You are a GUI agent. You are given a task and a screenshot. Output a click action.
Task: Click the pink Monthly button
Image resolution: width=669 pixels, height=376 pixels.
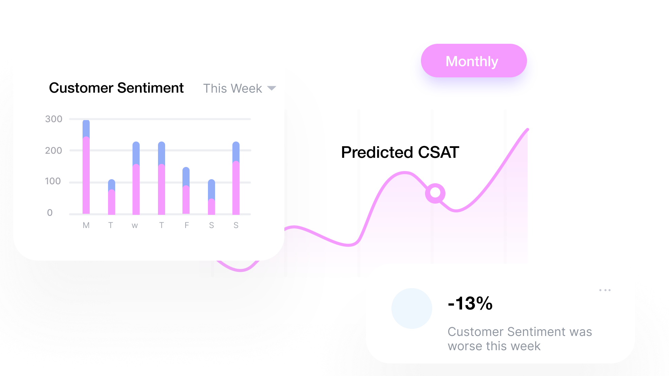(x=474, y=61)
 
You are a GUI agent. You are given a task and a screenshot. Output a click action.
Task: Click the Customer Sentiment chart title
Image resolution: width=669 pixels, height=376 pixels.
(x=116, y=88)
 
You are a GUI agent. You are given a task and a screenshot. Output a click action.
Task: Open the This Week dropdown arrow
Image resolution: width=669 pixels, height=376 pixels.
(x=272, y=88)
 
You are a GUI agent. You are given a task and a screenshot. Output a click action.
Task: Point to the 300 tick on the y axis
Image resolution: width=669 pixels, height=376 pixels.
(x=54, y=119)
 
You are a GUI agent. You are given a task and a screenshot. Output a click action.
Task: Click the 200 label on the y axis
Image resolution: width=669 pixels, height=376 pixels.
(x=54, y=150)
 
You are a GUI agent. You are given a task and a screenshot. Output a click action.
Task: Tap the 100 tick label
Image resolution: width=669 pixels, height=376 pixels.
(x=53, y=181)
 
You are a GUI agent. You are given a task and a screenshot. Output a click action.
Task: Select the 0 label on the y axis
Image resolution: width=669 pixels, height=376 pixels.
(x=50, y=213)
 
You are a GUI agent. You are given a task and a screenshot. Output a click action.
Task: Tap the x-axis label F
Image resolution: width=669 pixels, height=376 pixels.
(x=187, y=225)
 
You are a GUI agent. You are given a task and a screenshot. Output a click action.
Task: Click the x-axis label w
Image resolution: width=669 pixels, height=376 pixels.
(x=135, y=226)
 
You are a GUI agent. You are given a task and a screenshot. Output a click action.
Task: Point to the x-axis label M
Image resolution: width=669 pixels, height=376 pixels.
(x=86, y=225)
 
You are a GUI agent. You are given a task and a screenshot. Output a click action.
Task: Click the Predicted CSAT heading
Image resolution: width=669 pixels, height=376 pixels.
(x=400, y=152)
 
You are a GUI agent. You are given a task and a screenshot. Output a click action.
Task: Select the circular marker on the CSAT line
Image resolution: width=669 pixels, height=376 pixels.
(x=435, y=193)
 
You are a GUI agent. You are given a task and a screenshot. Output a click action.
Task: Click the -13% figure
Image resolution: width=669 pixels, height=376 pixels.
(x=470, y=303)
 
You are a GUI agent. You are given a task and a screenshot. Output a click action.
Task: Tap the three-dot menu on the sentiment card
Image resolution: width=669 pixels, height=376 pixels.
(x=605, y=290)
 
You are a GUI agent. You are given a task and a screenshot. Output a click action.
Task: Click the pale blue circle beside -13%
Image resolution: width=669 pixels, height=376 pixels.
(x=412, y=308)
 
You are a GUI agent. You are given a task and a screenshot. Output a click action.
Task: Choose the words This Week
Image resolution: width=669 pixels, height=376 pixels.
(x=233, y=89)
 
